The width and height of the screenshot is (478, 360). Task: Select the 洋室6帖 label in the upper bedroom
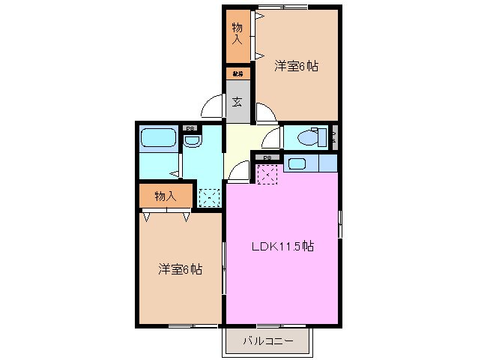296,66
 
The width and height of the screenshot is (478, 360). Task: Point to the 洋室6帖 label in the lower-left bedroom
180,268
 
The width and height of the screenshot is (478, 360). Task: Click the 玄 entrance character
237,101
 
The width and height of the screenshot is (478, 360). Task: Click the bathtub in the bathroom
157,138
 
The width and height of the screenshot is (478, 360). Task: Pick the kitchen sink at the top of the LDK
295,163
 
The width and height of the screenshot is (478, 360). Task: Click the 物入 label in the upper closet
237,33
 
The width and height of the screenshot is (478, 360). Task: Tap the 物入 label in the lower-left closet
165,196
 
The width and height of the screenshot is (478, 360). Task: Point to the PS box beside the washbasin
190,127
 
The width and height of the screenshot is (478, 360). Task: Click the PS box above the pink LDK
267,157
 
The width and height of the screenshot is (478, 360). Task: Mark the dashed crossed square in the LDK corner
267,173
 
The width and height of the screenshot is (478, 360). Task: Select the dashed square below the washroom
209,196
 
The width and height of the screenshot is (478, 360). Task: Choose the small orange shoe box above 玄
237,73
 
